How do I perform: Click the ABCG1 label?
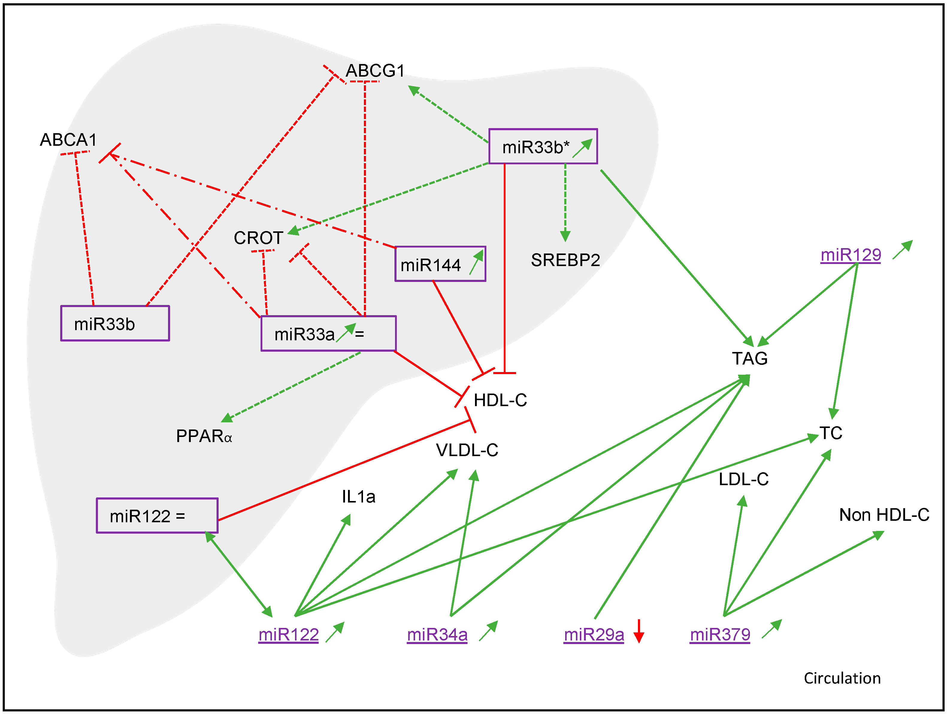(x=375, y=71)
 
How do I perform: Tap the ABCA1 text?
(x=69, y=140)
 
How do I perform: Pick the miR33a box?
(x=328, y=334)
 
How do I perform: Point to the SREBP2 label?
(x=565, y=260)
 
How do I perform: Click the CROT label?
(x=258, y=238)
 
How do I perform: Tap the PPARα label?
(x=204, y=436)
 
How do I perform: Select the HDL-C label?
(x=500, y=400)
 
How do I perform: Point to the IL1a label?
(x=358, y=497)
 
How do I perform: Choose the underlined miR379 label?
(x=720, y=634)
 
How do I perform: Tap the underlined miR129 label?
(x=850, y=255)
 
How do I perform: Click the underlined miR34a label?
(x=437, y=634)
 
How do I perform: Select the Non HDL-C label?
(x=884, y=515)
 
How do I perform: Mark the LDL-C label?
(x=743, y=479)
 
